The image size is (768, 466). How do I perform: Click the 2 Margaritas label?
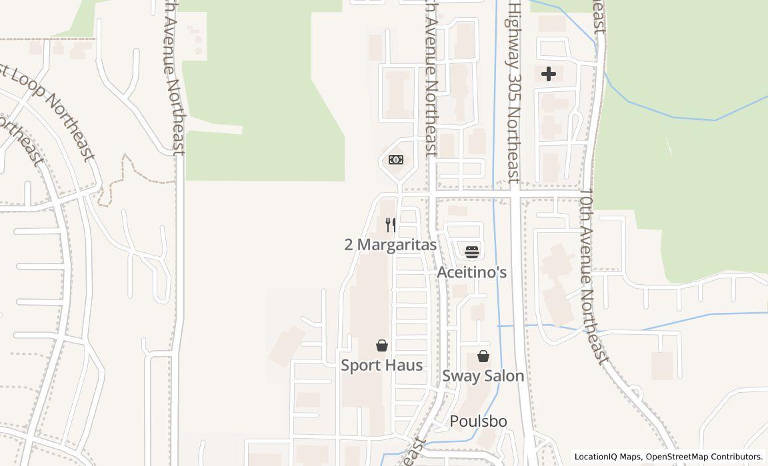(x=391, y=245)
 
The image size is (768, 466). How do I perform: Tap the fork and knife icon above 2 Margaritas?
(x=391, y=225)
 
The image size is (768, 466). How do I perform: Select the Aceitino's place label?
(x=472, y=272)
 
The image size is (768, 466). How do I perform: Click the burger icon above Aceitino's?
(x=472, y=252)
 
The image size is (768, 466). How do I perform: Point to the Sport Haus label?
(x=382, y=365)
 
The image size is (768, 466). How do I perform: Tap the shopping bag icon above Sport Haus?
(x=382, y=345)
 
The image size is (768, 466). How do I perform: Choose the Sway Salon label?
(x=483, y=376)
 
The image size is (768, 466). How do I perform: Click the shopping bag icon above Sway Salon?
(x=483, y=356)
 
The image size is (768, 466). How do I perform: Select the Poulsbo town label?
(x=478, y=421)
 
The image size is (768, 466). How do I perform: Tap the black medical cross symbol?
(x=548, y=73)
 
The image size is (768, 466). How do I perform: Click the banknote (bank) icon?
(x=396, y=160)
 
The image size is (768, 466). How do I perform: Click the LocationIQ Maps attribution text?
(x=608, y=457)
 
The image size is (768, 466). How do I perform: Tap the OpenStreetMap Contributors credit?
(x=704, y=457)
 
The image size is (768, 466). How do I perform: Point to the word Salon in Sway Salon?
(x=504, y=376)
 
